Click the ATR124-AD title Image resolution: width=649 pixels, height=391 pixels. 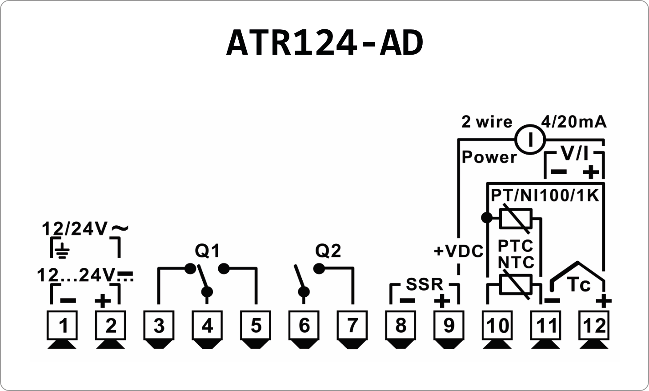click(x=324, y=43)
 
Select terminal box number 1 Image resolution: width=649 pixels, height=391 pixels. click(x=63, y=326)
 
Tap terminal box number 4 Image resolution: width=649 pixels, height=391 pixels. click(x=207, y=326)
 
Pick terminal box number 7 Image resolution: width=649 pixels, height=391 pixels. click(x=352, y=326)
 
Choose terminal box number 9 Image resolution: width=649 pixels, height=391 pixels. click(x=449, y=326)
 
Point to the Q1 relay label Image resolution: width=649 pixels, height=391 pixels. click(x=207, y=251)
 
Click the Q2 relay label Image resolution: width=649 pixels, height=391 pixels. click(x=328, y=251)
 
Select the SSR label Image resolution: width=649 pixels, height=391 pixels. click(x=425, y=284)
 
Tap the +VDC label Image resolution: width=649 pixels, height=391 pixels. click(x=458, y=251)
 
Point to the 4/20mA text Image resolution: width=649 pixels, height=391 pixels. click(x=573, y=121)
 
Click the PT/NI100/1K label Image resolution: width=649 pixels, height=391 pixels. click(x=545, y=195)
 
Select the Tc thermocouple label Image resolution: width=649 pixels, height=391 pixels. click(x=579, y=285)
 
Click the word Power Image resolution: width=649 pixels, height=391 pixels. click(x=489, y=157)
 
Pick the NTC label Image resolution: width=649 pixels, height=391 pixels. click(x=516, y=263)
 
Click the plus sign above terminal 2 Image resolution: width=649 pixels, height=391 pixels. click(x=103, y=301)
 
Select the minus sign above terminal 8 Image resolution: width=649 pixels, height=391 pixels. click(x=407, y=301)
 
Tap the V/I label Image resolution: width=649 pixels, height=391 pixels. click(x=574, y=154)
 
